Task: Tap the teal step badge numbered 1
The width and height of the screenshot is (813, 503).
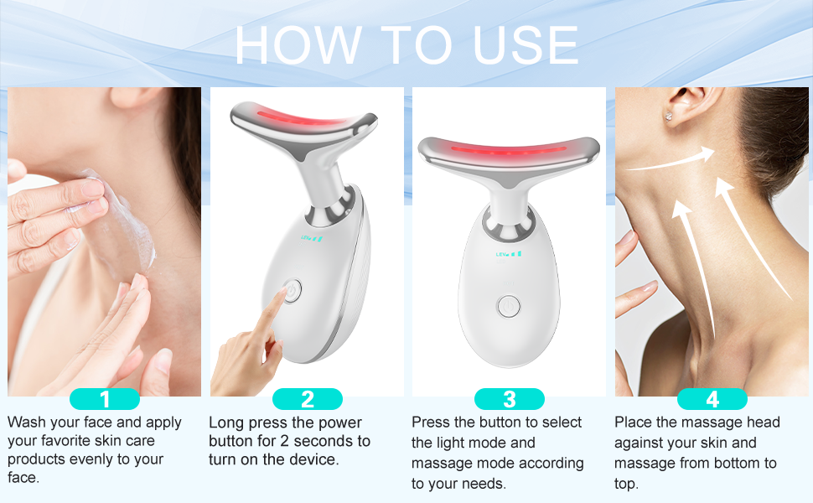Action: [x=104, y=399]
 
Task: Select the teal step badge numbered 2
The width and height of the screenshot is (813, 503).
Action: [x=307, y=399]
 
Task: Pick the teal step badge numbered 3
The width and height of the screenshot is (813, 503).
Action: [x=509, y=399]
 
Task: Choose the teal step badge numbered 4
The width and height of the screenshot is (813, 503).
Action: [x=712, y=399]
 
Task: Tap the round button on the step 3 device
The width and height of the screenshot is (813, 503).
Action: [x=508, y=306]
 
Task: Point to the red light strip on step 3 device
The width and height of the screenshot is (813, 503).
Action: [x=508, y=152]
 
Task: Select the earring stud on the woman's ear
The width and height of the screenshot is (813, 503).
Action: [x=670, y=117]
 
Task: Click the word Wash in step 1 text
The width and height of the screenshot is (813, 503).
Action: [x=26, y=422]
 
